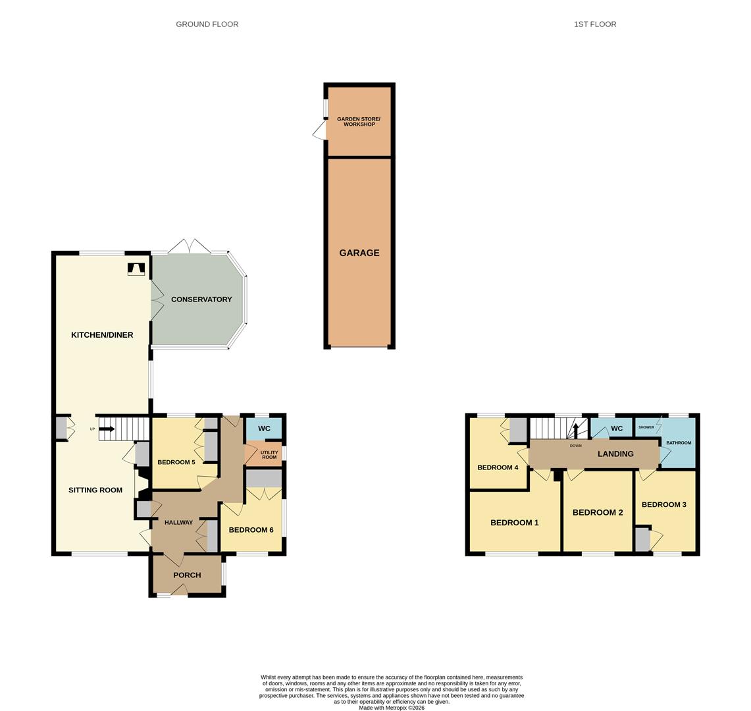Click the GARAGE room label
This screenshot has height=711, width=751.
coord(359,253)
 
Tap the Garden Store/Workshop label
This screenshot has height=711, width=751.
coord(359,122)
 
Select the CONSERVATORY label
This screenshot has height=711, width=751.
coord(201,300)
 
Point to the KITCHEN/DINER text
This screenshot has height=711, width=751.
coord(102,335)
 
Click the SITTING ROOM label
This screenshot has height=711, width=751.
coord(95,490)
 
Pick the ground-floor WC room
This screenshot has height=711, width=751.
coord(264,429)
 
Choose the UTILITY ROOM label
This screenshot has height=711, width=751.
coord(269,455)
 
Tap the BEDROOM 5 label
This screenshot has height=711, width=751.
coord(176,462)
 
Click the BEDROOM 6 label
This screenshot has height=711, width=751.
coord(251,530)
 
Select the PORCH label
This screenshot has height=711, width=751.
coord(188,575)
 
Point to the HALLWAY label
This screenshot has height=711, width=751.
coord(178,522)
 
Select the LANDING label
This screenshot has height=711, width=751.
coord(615,454)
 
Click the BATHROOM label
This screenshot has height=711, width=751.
coord(679,442)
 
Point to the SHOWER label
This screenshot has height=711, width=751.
coord(646,427)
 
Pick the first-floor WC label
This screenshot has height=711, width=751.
coord(617,429)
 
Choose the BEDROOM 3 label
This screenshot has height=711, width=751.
coord(664,504)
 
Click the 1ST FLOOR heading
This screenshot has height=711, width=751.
coord(595,24)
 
